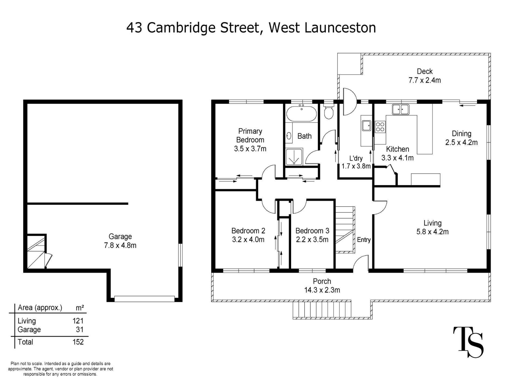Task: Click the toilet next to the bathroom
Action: pos(328,113)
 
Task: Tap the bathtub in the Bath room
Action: pos(301,114)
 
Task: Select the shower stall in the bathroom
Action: pos(294,157)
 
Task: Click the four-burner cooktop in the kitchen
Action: pos(380,127)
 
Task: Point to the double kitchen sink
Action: pos(401,109)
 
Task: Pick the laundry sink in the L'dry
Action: pos(367,126)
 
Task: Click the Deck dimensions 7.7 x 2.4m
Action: pos(425,80)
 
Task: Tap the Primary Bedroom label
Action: pos(250,136)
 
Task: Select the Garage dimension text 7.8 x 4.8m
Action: pos(120,246)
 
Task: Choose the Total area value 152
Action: pos(78,342)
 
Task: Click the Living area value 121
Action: pos(78,321)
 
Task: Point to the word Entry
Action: pos(364,240)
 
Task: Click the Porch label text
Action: pos(322,281)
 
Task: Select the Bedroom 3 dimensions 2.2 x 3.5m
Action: pos(312,240)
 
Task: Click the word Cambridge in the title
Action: pos(181,28)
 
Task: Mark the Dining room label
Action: pos(462,134)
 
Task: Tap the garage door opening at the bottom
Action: pos(144,299)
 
